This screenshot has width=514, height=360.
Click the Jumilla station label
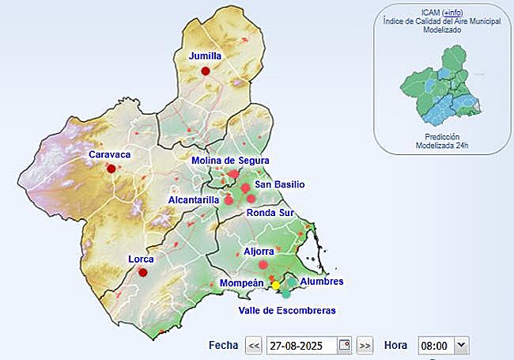pos(205,56)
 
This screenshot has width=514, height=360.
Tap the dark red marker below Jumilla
pos(206,71)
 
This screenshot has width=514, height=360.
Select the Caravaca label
pos(109,154)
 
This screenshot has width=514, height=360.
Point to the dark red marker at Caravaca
pos(111,169)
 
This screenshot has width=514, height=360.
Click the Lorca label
pos(141,259)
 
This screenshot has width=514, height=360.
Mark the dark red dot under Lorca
pos(143,272)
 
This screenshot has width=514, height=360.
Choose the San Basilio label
pos(279,184)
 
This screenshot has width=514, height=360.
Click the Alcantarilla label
pos(194,200)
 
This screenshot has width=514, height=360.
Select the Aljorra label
pos(259,251)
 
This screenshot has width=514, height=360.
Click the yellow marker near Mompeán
pos(276,285)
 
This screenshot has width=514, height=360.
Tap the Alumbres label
pos(323,282)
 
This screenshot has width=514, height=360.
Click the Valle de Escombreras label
pos(287,310)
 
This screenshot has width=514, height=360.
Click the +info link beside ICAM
pos(453,13)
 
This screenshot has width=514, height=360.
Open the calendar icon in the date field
pos(344,345)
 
